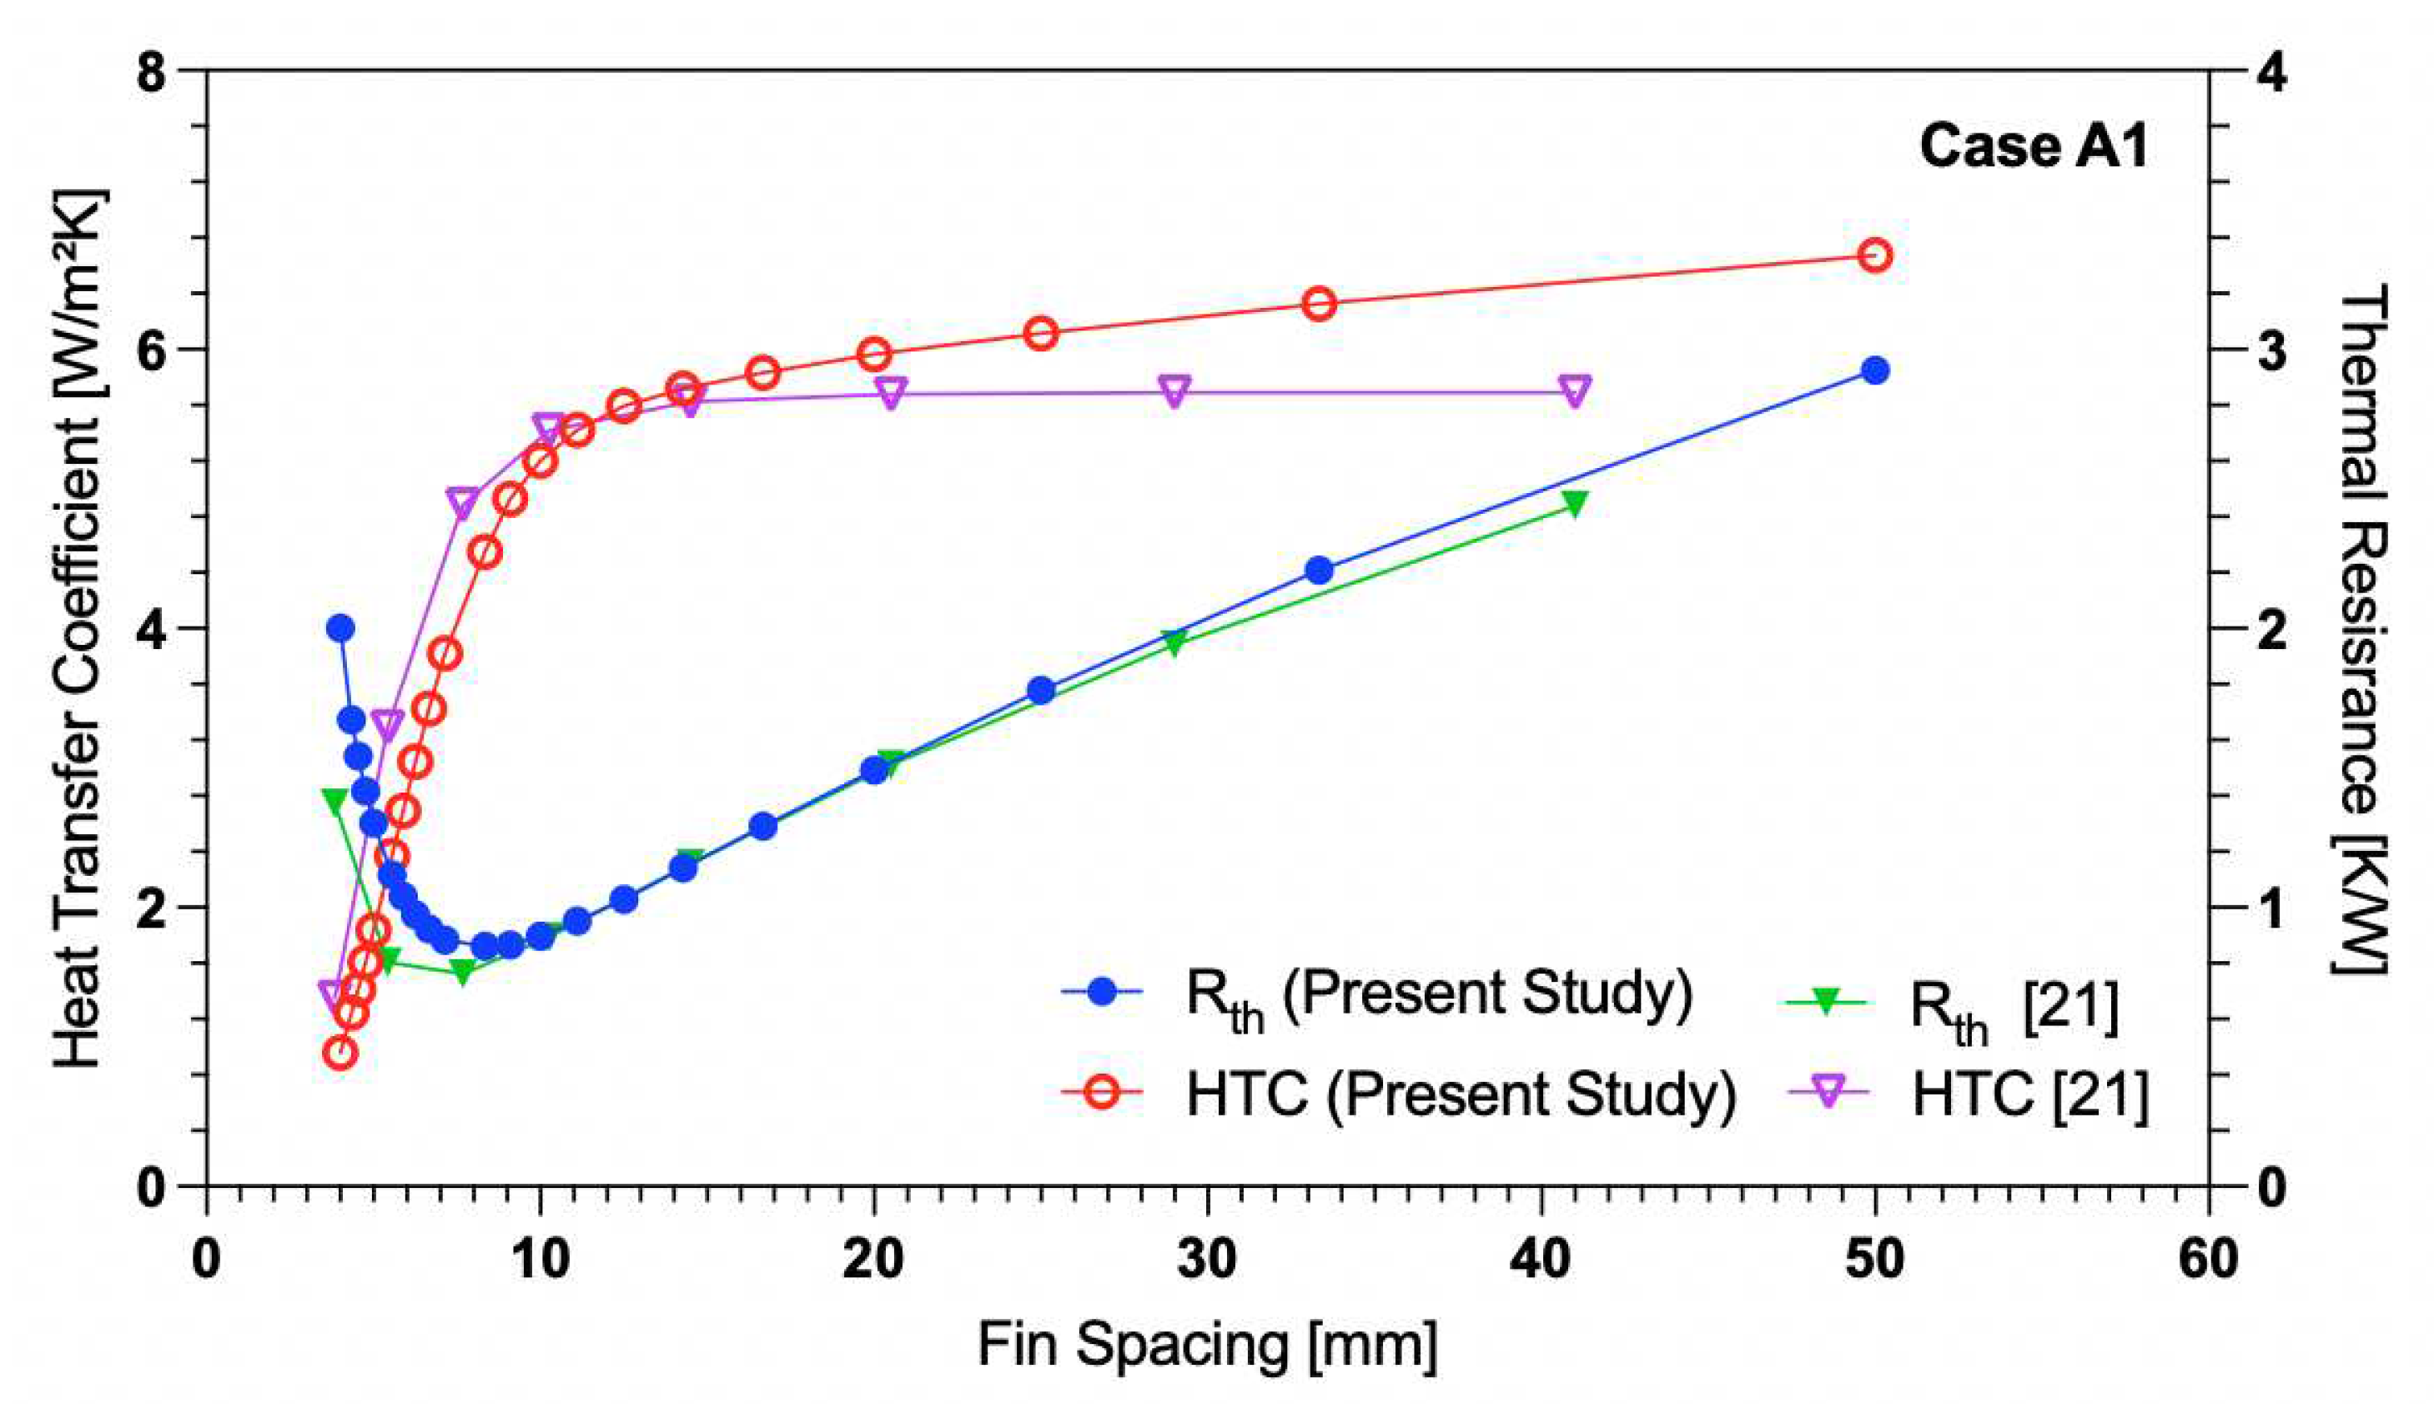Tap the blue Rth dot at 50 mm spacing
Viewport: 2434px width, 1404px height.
click(1875, 370)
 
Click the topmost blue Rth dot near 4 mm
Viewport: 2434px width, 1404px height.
click(340, 627)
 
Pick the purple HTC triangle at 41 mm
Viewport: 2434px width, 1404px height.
click(1574, 390)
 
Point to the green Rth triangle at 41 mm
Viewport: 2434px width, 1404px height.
click(1574, 503)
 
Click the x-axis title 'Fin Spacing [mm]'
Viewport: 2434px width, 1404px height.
click(1207, 1344)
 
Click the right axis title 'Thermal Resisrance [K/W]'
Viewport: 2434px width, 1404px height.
click(2360, 627)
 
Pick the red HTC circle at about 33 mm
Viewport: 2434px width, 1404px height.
click(1320, 304)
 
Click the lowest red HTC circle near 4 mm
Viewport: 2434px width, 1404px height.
click(340, 1052)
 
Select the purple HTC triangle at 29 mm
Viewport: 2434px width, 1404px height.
click(1173, 391)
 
